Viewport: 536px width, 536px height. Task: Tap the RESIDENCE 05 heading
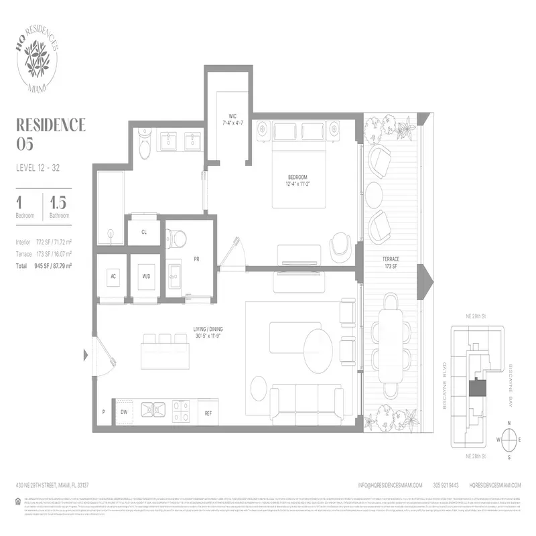(x=50, y=133)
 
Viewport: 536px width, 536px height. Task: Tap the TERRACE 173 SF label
(x=391, y=262)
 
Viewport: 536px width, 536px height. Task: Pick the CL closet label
(x=144, y=232)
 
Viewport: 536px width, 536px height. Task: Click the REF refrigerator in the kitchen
(x=208, y=413)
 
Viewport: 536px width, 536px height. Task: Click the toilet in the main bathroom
(x=143, y=145)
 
